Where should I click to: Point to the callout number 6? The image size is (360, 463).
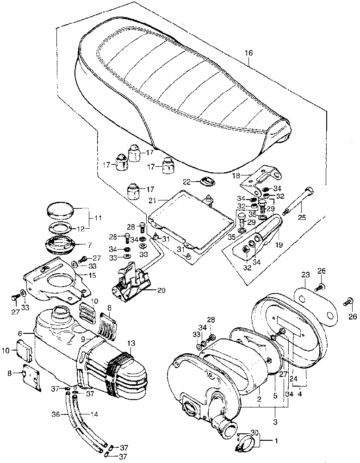click(20, 333)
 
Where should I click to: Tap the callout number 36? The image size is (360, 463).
click(55, 414)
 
